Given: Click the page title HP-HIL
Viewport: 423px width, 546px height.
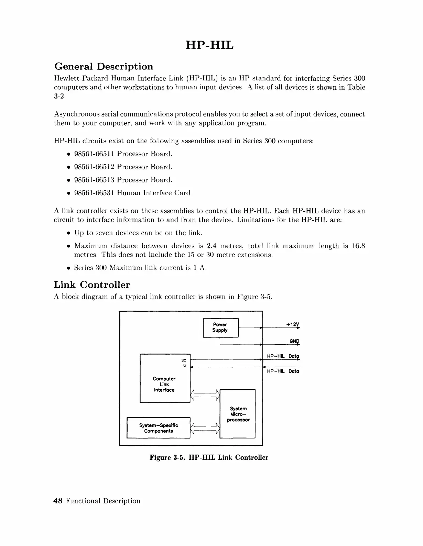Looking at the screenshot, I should (x=209, y=45).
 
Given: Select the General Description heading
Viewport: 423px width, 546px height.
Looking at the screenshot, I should (x=104, y=66).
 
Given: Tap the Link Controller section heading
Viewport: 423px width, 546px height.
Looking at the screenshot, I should (x=92, y=285).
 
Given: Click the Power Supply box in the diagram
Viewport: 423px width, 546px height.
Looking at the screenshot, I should (x=220, y=328).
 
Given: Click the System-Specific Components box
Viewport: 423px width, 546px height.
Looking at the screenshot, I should (x=159, y=428).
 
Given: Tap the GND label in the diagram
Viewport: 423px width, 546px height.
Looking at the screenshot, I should (x=294, y=341).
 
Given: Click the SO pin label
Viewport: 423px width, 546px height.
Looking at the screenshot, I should (x=184, y=360).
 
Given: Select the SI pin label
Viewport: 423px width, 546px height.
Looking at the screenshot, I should (x=184, y=366).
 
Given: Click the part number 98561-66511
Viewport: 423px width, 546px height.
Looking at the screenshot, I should (x=94, y=154).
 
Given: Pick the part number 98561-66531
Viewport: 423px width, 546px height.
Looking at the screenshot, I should (x=94, y=193).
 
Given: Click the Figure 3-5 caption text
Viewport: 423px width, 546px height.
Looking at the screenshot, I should (x=209, y=458).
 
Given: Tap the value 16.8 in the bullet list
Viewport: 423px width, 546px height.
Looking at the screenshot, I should (x=359, y=246).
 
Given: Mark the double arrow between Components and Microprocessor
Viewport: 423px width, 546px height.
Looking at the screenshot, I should (x=205, y=428).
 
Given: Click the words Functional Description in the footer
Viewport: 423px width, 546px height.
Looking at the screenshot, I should (x=103, y=501).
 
